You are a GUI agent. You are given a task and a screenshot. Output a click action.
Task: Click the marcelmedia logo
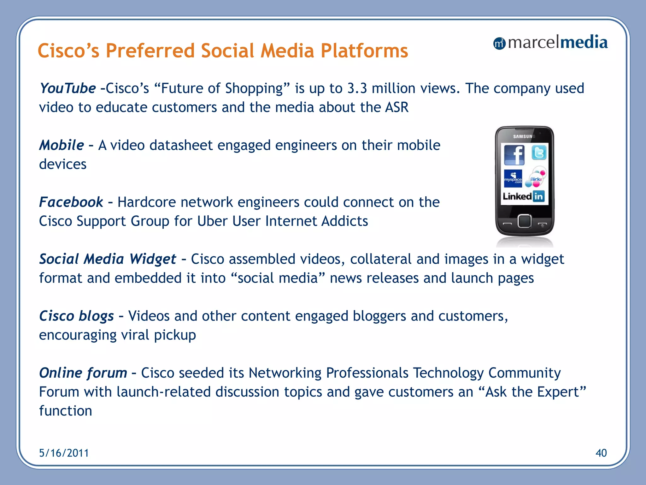[550, 43]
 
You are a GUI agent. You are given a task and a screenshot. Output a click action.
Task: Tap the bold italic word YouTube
[68, 88]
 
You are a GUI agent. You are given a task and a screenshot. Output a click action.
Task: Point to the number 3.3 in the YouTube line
[357, 88]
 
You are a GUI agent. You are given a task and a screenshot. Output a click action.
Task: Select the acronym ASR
[397, 107]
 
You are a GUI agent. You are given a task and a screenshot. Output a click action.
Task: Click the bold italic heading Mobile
[62, 145]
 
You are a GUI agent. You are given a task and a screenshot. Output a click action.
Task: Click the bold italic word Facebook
[71, 202]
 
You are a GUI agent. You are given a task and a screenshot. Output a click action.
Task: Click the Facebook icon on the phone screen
[514, 155]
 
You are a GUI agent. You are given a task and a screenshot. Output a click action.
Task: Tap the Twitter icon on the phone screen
[539, 153]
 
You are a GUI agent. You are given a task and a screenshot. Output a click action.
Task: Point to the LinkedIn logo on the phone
[524, 196]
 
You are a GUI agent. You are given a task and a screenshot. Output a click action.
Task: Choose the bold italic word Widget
[153, 259]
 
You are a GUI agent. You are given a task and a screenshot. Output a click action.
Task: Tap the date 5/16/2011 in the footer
[64, 453]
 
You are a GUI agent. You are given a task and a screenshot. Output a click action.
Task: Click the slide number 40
[601, 453]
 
